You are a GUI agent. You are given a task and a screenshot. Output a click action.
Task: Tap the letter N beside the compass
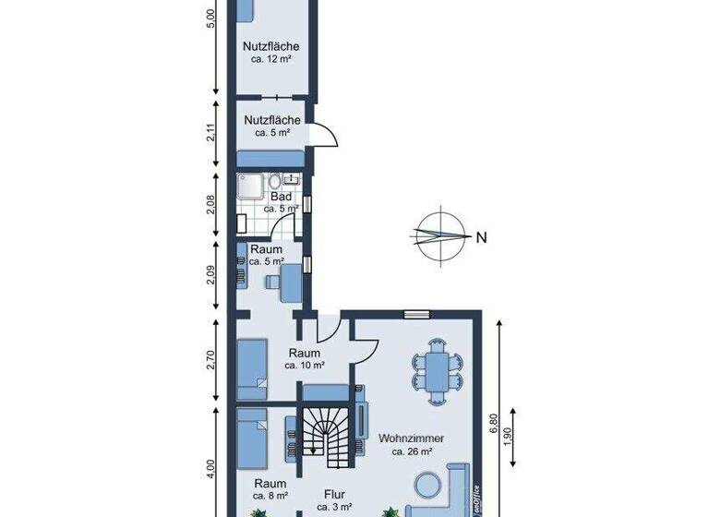point(481,237)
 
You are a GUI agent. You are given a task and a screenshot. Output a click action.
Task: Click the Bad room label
point(282,197)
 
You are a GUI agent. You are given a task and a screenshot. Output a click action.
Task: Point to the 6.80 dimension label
point(494,423)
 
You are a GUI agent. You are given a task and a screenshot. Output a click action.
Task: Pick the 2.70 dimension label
point(210,360)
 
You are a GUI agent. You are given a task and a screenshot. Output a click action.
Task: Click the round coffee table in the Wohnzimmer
point(427,485)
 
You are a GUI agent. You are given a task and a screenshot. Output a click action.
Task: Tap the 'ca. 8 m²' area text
point(270,495)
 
